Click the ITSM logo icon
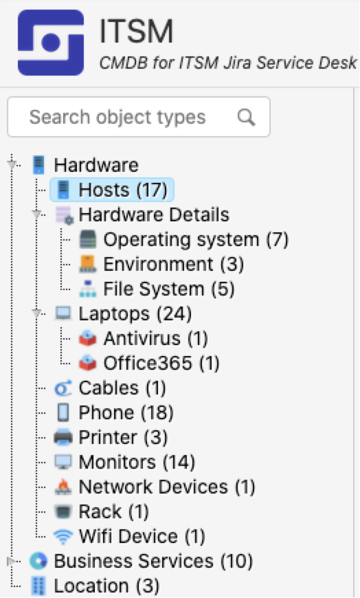(51, 43)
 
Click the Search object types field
(139, 117)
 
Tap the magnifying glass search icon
(246, 117)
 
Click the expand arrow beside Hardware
(12, 165)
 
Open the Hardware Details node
(154, 214)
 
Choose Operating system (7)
(196, 239)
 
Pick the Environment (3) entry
(173, 265)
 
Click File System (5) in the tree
(168, 289)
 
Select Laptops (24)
(135, 313)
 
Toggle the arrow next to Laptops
(36, 313)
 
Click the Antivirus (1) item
(155, 338)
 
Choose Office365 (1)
(161, 363)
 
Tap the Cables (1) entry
(122, 388)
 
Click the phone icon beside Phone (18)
(63, 412)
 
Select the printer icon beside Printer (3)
(63, 437)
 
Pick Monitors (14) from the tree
(137, 462)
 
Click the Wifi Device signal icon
(63, 536)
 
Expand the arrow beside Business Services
(12, 561)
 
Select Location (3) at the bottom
(106, 586)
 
